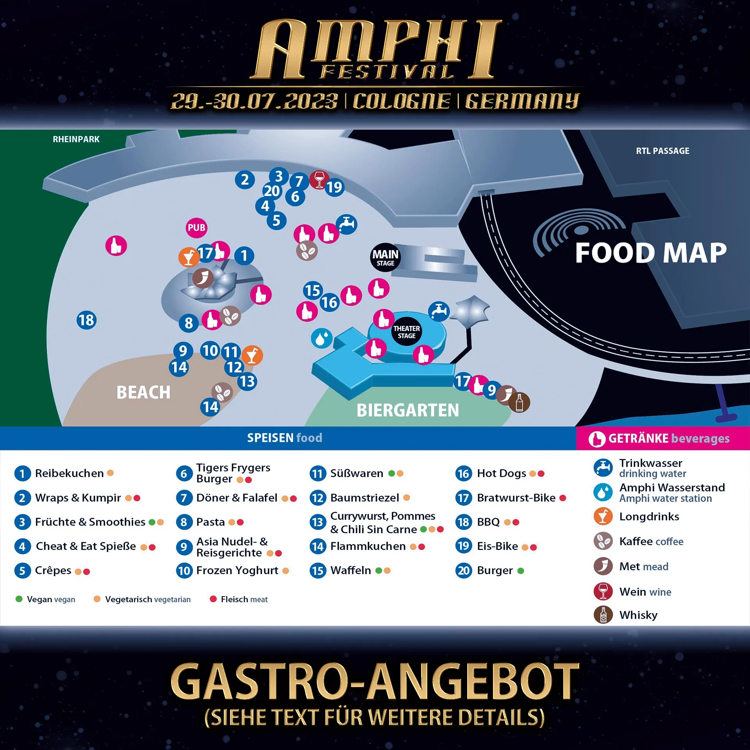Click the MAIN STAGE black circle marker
(x=385, y=257)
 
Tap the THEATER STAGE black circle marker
(x=406, y=332)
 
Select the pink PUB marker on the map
(x=196, y=228)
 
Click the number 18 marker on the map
(x=86, y=320)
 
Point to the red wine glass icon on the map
(x=319, y=180)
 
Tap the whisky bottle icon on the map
(x=519, y=402)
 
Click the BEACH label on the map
(x=143, y=392)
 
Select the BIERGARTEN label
(x=407, y=410)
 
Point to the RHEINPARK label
(x=76, y=139)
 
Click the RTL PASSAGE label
(x=662, y=151)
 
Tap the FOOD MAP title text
(x=650, y=253)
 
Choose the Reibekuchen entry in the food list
(x=69, y=473)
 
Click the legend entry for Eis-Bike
(x=497, y=546)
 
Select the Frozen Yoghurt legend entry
(x=237, y=571)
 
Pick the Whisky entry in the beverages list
(x=638, y=615)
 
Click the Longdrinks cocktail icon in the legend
(x=603, y=516)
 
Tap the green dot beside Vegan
(x=19, y=599)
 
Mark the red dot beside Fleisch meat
(x=213, y=599)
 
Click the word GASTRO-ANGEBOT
(x=375, y=682)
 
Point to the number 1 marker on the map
(x=244, y=256)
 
